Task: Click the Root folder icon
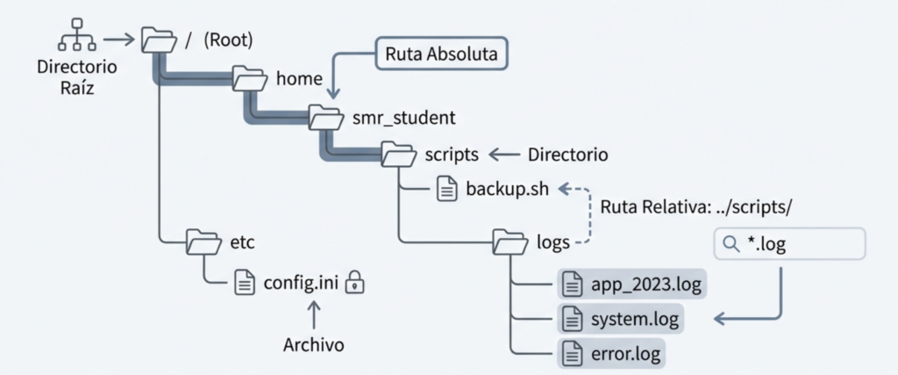(159, 40)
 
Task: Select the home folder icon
(250, 77)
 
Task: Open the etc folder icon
(203, 240)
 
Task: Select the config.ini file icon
(245, 283)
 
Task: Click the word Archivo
(314, 345)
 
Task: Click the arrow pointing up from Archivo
(314, 314)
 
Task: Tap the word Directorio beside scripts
(568, 155)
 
